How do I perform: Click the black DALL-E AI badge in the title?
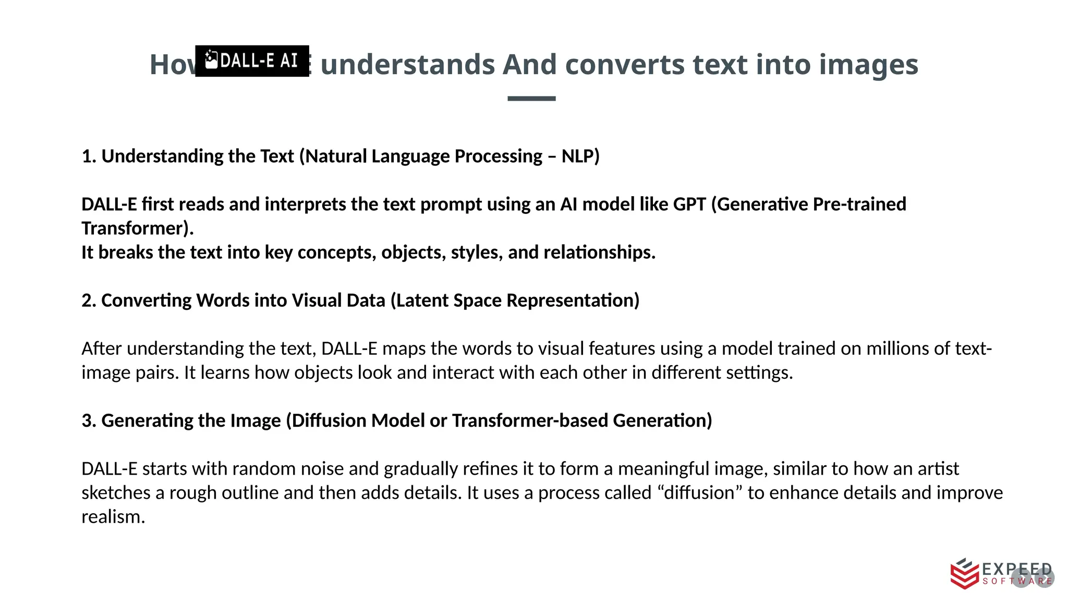pos(252,61)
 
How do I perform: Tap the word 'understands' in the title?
pos(407,65)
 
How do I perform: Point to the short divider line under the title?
pos(531,98)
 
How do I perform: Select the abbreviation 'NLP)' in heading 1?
pos(580,156)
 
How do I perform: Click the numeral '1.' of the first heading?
pos(89,156)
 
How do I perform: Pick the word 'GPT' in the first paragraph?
pos(689,204)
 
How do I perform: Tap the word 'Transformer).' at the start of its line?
pos(137,229)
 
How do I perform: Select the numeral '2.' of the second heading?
pos(89,300)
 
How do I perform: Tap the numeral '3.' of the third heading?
pos(89,420)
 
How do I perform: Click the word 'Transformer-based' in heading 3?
pos(529,420)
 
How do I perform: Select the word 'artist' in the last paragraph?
pos(939,468)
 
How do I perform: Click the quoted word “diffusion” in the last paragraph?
pos(699,492)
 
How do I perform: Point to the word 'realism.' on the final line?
pos(113,517)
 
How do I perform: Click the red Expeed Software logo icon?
pos(964,574)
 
